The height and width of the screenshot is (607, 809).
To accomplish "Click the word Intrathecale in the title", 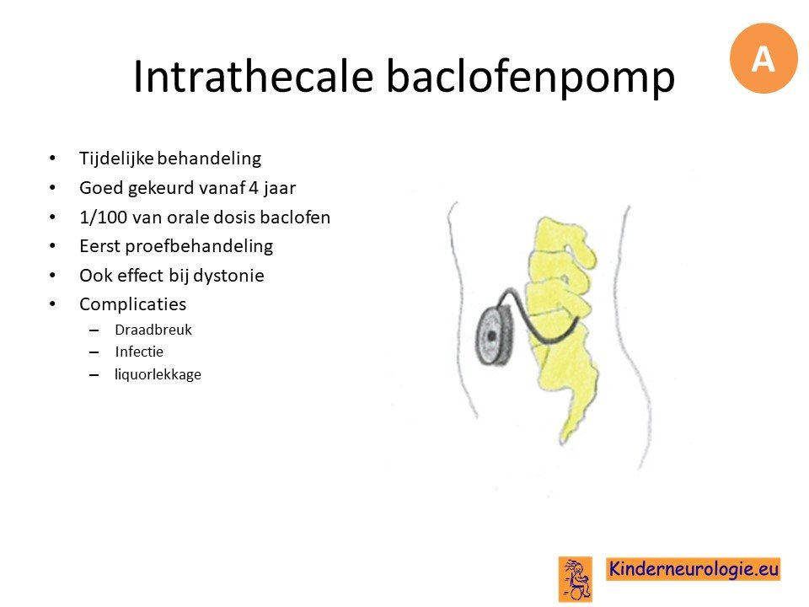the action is [x=253, y=77].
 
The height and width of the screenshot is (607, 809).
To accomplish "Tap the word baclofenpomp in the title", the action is [x=531, y=78].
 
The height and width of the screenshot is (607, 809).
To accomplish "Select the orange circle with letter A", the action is [x=763, y=58].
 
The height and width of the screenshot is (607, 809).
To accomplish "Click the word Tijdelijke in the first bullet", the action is [x=116, y=158].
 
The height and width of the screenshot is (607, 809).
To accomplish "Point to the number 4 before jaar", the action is [x=254, y=188].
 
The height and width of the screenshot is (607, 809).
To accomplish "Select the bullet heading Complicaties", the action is [x=132, y=304].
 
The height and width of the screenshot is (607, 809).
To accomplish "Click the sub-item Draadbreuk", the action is [x=153, y=330].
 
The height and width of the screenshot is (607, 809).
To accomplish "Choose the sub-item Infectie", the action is [x=139, y=352].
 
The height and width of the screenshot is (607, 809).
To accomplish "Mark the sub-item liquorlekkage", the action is [x=158, y=374].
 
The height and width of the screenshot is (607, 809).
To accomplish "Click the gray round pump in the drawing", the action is [x=493, y=336].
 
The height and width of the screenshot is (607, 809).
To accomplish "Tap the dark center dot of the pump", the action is [x=491, y=336].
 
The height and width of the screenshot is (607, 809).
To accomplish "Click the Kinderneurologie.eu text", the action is [x=694, y=569].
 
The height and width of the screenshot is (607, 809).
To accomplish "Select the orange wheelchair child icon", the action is [x=576, y=579].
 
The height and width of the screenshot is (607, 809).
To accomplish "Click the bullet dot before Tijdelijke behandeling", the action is [x=52, y=158].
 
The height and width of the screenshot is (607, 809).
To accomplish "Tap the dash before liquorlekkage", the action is [x=94, y=375].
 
